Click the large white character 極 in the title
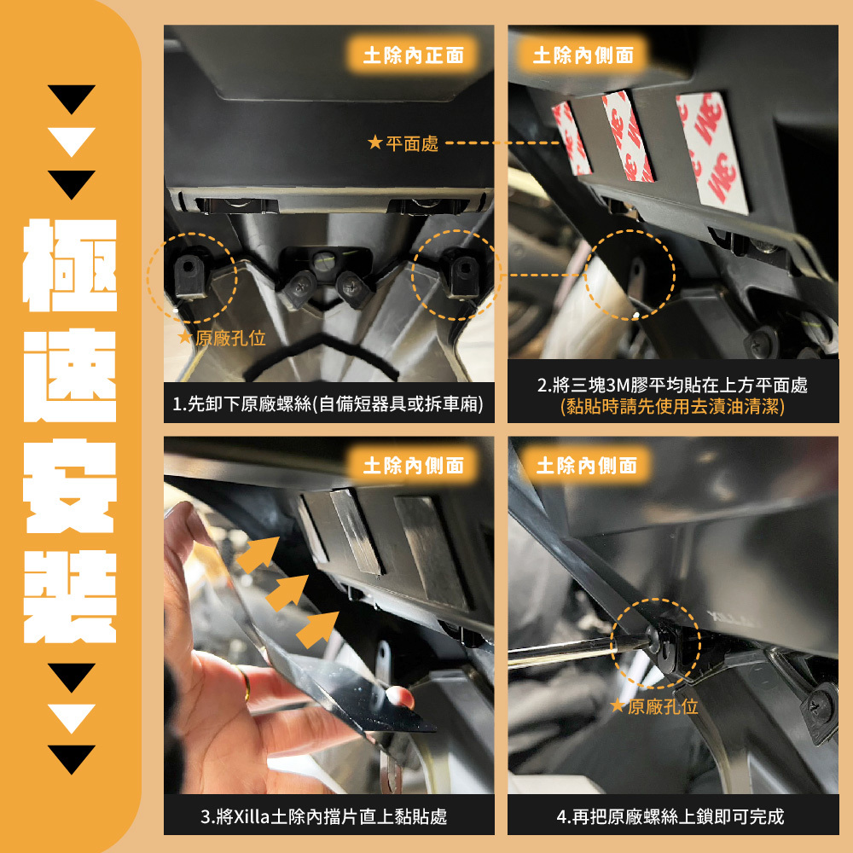(x=70, y=265)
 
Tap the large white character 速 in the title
(x=70, y=375)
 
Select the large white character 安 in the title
(x=70, y=486)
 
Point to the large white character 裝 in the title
(x=70, y=597)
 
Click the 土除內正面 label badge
(x=414, y=55)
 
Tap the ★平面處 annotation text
(x=403, y=143)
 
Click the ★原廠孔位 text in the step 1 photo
(x=222, y=339)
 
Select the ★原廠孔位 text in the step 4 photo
(x=654, y=706)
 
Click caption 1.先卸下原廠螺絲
(x=328, y=404)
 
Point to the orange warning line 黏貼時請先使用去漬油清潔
(x=672, y=406)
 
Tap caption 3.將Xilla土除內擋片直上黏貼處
(x=323, y=816)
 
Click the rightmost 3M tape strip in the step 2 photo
(x=711, y=153)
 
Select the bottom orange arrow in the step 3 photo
(x=318, y=630)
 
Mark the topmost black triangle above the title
(x=72, y=99)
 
